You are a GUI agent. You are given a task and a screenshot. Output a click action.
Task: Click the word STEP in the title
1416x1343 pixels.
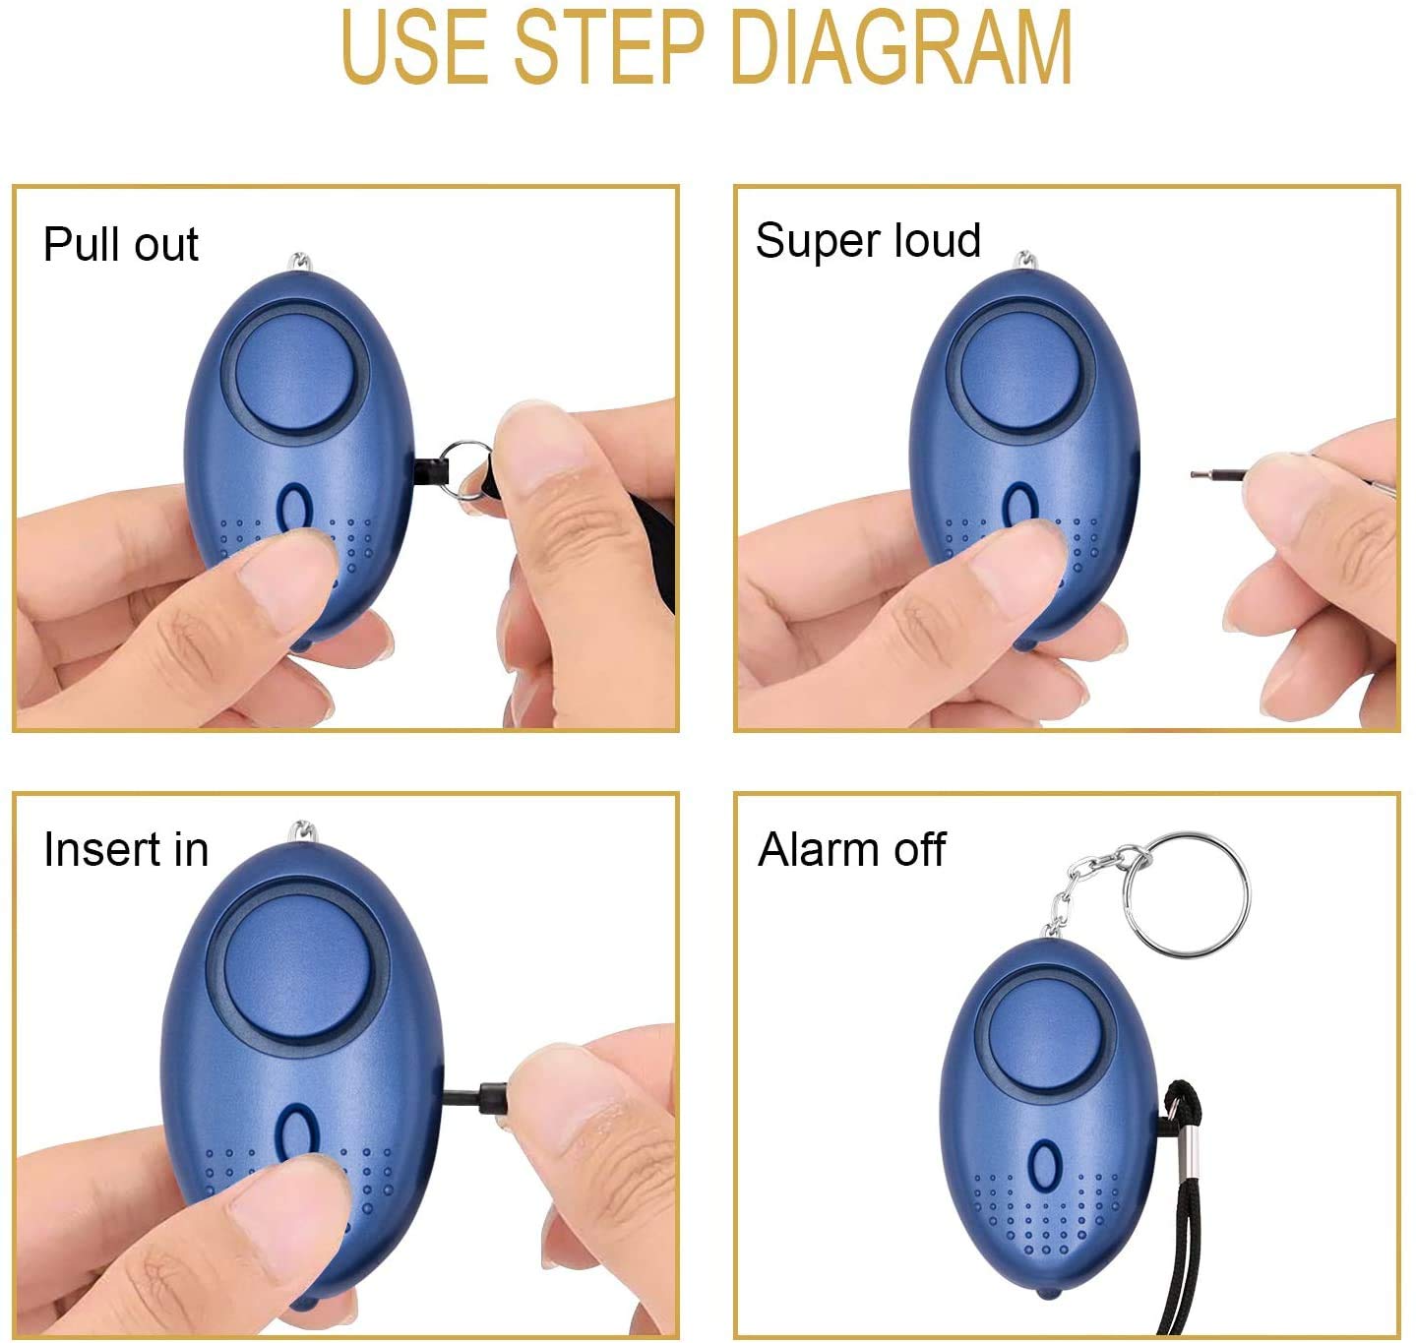pos(608,46)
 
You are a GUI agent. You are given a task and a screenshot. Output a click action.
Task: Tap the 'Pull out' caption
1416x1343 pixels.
pos(121,244)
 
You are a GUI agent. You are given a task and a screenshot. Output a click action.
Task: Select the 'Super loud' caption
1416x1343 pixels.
pos(868,240)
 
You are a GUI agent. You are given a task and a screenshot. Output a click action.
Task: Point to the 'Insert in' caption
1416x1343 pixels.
pos(126,849)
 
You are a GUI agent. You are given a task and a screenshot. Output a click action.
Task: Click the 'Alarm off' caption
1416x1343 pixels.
pos(851,849)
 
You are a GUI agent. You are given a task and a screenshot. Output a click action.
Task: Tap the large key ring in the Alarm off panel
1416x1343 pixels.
pos(1186,894)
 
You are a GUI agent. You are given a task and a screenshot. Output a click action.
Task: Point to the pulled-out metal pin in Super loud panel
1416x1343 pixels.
pos(1216,476)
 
